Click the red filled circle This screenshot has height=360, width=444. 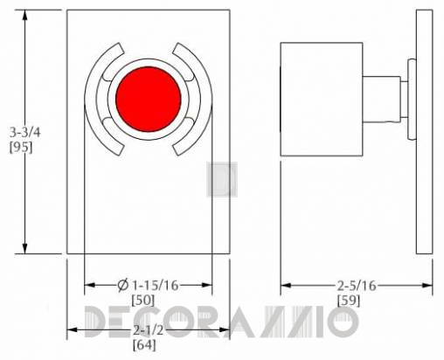point(149,99)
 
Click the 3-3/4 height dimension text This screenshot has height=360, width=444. point(25,133)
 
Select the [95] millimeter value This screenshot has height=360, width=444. point(21,148)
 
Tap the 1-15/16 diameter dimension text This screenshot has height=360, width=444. point(156,286)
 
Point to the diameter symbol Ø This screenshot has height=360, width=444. point(123,285)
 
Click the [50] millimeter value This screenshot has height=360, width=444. point(142,301)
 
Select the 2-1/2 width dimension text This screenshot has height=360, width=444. point(149,330)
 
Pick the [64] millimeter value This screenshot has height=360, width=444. point(144,345)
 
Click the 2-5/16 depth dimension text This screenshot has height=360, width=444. point(357,286)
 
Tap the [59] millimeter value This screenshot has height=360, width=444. point(349,301)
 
